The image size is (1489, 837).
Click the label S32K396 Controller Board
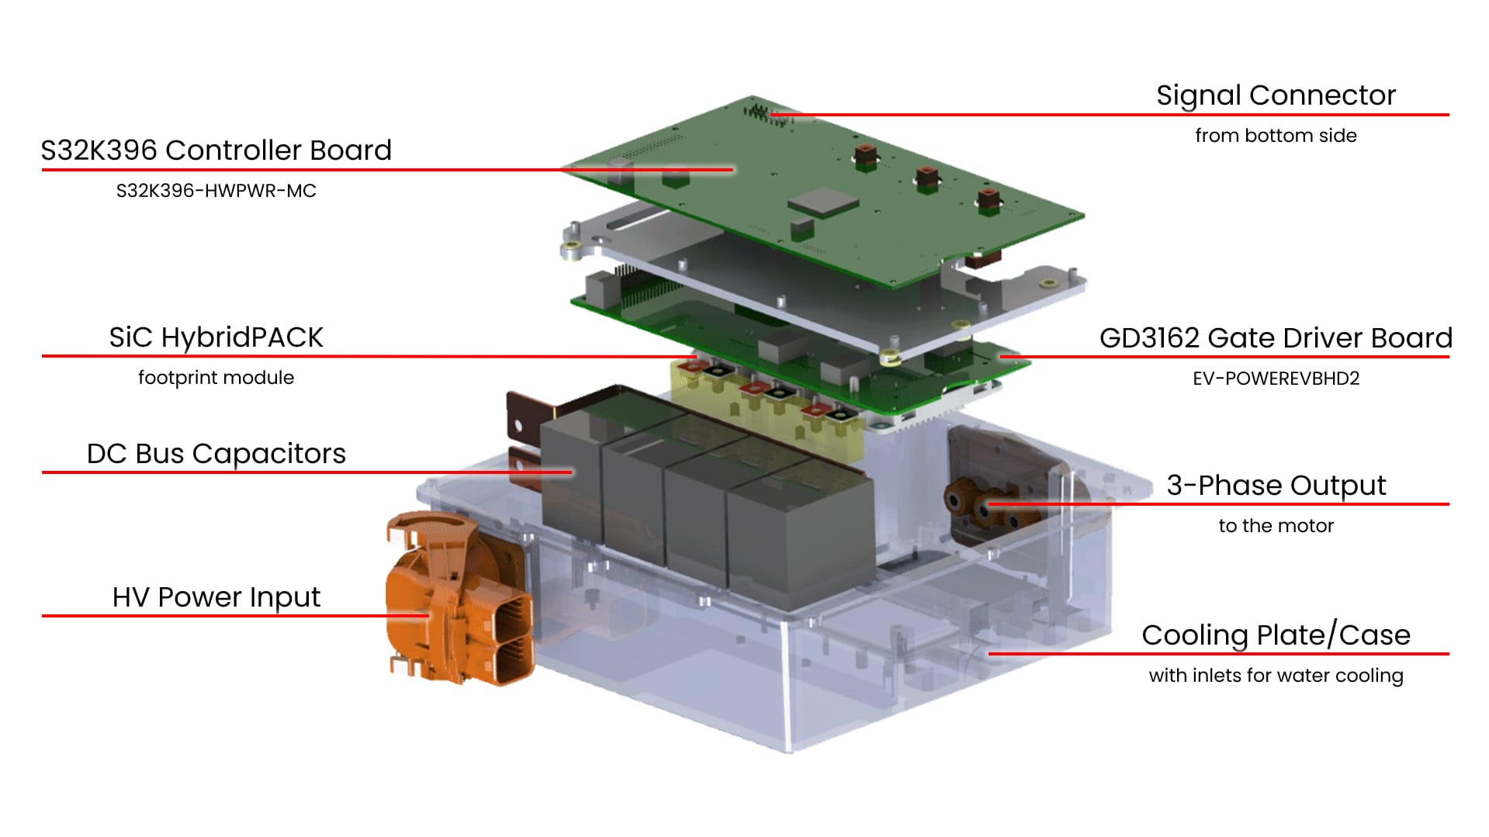click(x=216, y=150)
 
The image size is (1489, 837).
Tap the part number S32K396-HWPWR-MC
click(x=216, y=191)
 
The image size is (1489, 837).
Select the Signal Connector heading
click(x=1276, y=95)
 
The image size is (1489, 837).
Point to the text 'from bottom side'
click(x=1276, y=136)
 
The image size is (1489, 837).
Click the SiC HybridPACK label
click(x=216, y=337)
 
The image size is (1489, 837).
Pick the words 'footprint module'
click(x=216, y=378)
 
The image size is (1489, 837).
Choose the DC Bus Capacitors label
click(x=216, y=454)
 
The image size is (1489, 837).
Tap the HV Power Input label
click(x=216, y=597)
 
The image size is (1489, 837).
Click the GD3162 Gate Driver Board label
click(x=1276, y=338)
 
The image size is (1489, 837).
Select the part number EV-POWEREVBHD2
click(x=1276, y=379)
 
